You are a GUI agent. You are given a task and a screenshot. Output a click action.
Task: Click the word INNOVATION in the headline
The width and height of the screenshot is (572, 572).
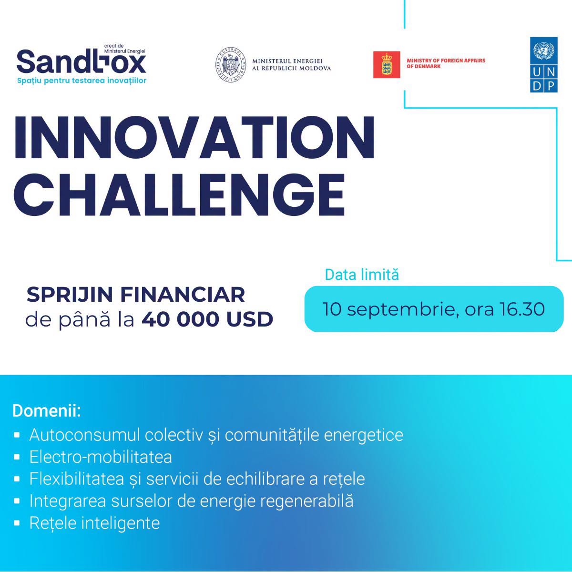[x=194, y=138]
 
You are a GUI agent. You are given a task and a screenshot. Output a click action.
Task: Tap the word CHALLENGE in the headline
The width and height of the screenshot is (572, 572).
[x=179, y=195]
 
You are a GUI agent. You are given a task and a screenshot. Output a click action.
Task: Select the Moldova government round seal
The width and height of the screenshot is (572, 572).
[x=231, y=65]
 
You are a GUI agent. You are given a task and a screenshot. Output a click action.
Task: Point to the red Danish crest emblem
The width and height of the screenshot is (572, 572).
[x=387, y=64]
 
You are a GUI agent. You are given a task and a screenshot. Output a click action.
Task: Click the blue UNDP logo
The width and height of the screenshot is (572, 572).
[x=544, y=64]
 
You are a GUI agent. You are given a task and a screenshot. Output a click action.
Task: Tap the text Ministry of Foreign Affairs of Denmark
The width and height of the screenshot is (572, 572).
[x=446, y=63]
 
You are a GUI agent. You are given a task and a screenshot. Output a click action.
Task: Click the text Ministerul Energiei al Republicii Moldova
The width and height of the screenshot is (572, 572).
[x=291, y=64]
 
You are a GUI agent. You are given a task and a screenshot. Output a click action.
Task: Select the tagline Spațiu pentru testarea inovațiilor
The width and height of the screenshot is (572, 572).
[x=82, y=81]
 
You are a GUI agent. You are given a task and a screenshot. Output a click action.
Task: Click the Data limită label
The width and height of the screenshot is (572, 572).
[x=362, y=275]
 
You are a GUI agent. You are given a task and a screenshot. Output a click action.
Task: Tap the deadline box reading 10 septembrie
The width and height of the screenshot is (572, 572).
[x=434, y=309]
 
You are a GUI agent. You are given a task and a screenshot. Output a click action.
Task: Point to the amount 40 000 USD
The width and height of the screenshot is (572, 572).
[x=207, y=320]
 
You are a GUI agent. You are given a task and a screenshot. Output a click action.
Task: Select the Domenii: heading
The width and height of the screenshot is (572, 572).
[x=47, y=411]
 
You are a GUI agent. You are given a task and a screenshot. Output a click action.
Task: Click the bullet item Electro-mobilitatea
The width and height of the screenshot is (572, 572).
[x=101, y=457]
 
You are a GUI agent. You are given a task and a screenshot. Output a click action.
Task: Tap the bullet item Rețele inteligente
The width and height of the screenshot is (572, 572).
[x=94, y=523]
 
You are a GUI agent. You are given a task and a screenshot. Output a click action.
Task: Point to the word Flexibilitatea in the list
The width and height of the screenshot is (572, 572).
[x=77, y=479]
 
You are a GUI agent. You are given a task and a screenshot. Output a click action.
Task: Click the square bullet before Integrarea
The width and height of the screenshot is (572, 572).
[x=17, y=501]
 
